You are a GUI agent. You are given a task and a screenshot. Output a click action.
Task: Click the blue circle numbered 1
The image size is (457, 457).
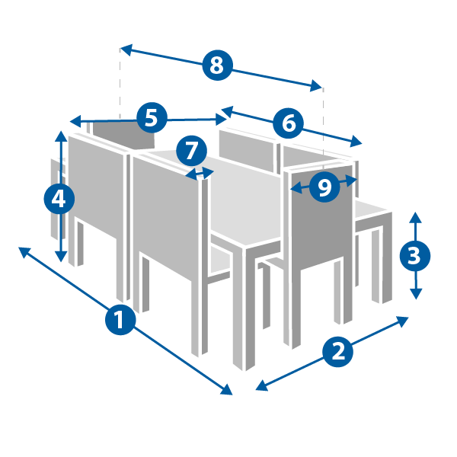tap(120, 320)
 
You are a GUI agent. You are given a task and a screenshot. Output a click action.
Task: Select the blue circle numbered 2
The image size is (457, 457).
tap(337, 352)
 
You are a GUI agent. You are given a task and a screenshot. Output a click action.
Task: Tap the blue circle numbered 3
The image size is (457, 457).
tap(415, 256)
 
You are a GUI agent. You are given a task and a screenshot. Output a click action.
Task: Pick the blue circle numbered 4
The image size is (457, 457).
tap(59, 199)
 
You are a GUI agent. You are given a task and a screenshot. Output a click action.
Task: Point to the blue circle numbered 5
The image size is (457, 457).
tap(152, 117)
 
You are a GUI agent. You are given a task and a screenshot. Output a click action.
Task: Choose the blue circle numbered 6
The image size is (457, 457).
tap(288, 123)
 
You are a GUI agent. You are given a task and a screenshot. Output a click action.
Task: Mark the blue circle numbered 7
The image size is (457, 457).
tap(191, 151)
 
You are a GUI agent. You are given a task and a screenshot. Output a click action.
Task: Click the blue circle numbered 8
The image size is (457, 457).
tap(217, 66)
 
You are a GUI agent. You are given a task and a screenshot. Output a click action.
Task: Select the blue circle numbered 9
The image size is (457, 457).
tap(324, 187)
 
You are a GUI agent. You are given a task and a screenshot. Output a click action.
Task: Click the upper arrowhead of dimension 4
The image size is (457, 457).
tap(61, 136)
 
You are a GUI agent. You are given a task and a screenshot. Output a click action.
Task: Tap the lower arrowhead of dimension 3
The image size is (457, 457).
tap(416, 294)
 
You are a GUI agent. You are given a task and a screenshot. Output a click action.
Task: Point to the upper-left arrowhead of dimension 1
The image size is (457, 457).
tap(24, 251)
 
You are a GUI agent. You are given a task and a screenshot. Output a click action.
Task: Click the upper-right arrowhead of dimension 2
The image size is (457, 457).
tap(402, 321)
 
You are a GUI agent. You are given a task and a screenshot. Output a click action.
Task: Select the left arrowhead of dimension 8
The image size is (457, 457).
tap(126, 50)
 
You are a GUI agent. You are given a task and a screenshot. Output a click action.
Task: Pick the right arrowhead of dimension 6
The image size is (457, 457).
tap(356, 142)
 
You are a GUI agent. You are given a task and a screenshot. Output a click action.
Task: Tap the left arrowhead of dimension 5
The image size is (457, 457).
tap(75, 121)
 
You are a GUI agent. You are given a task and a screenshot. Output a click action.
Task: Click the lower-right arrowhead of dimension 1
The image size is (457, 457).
tap(227, 390)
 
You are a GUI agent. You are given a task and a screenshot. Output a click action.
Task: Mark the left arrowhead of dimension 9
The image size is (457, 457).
tap(296, 188)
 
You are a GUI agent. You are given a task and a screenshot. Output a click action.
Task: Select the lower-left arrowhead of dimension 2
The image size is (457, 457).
tap(261, 386)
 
